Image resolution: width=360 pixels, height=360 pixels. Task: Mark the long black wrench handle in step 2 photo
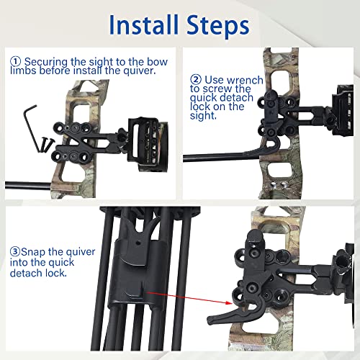[216, 155]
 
